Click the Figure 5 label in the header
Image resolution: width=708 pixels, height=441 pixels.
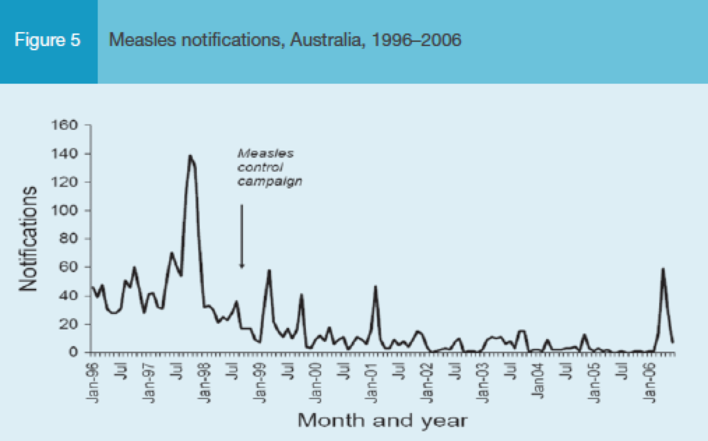click(47, 40)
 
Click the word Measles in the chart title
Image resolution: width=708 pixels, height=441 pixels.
click(135, 40)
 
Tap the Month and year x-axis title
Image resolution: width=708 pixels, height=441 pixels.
click(382, 420)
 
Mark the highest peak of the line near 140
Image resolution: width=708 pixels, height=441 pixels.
click(190, 156)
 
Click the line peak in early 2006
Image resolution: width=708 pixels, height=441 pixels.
click(663, 269)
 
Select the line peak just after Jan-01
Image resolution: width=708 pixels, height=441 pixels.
click(376, 286)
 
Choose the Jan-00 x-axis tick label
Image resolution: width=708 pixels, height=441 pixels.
click(316, 380)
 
